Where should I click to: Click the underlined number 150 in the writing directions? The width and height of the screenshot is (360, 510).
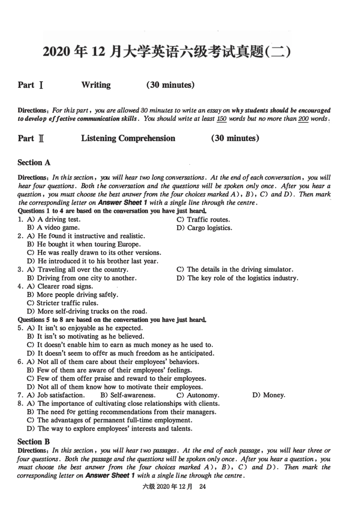coord(222,119)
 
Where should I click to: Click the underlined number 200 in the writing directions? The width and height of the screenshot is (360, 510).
coord(304,119)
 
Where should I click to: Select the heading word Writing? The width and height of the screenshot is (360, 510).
coord(96,85)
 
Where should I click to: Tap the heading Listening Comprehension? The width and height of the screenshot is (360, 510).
coord(128,138)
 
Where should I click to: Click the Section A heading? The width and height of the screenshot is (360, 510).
coord(34,163)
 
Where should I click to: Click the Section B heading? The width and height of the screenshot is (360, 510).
coord(33,442)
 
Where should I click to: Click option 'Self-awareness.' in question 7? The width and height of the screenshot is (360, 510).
coord(128,395)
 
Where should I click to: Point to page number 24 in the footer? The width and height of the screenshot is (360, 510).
coord(202,487)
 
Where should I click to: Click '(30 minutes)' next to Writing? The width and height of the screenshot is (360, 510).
coord(171,85)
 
